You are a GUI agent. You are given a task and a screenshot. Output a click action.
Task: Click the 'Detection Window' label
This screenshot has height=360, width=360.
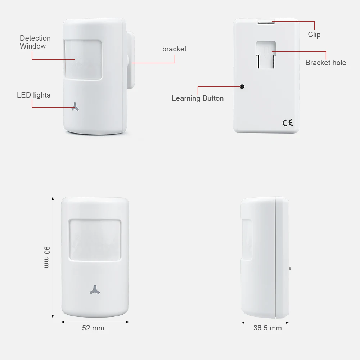(35, 42)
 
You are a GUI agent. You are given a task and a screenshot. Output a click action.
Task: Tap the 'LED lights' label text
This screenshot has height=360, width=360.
(33, 95)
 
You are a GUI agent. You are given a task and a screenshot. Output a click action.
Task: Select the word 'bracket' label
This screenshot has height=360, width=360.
(174, 49)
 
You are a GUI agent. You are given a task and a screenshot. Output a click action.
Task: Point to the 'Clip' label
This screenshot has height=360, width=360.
(314, 35)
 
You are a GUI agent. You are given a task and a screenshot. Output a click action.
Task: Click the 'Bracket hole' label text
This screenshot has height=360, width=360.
(325, 63)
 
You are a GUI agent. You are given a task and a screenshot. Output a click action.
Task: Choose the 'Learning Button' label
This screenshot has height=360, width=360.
(197, 98)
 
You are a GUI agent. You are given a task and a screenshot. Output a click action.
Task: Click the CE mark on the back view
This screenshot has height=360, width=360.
(287, 122)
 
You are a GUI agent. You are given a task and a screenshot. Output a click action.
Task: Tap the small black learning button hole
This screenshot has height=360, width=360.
(242, 86)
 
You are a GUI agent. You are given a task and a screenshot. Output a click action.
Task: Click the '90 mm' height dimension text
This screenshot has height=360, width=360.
(46, 257)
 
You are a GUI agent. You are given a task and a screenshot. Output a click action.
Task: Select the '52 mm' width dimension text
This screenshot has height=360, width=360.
(93, 328)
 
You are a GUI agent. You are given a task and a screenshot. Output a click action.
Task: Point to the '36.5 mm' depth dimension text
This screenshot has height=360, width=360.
(267, 328)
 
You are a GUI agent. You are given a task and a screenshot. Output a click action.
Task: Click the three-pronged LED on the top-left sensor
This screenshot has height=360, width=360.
(75, 106)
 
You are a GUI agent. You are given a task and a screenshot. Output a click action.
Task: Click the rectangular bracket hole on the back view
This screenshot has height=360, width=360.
(266, 55)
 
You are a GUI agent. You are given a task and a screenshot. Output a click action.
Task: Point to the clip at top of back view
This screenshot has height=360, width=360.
(266, 22)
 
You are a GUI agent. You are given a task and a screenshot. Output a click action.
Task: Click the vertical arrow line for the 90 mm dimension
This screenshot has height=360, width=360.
(53, 257)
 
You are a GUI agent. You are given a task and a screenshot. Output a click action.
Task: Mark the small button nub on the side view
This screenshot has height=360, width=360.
(289, 268)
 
